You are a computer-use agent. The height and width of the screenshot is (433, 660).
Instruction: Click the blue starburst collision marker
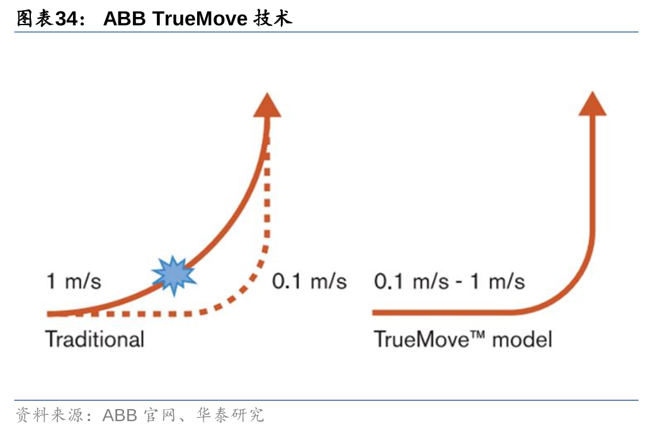[174, 276]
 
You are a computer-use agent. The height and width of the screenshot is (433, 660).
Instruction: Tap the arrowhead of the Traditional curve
[267, 105]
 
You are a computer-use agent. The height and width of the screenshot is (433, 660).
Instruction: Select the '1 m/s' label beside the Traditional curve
[74, 281]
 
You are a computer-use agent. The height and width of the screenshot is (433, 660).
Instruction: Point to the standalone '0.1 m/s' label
[309, 281]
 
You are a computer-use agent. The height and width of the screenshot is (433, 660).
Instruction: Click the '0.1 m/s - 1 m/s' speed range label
[450, 281]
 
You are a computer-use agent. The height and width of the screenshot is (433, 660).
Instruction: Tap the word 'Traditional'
[94, 339]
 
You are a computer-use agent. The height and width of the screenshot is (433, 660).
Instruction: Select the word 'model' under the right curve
[522, 339]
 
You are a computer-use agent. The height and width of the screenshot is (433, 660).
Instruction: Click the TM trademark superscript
[477, 335]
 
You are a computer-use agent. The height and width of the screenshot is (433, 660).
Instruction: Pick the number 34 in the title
[67, 18]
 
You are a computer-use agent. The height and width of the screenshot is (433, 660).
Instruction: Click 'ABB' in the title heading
[125, 18]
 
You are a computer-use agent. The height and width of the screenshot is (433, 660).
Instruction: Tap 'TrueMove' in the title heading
[200, 18]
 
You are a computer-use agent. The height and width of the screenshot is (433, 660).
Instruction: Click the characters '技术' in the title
[273, 18]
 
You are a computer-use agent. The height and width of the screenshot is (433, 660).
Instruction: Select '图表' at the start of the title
[35, 18]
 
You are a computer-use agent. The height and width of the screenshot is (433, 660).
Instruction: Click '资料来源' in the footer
[50, 415]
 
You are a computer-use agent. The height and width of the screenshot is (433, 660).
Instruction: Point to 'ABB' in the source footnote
[120, 415]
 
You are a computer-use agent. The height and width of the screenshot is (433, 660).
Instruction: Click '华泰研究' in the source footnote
[230, 415]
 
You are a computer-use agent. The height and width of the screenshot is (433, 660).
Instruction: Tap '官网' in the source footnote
[159, 415]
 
